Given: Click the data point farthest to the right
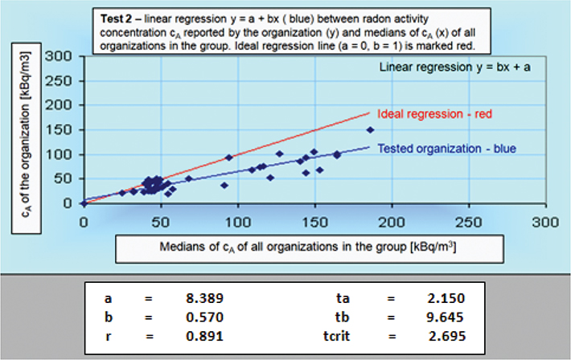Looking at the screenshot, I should [x=371, y=130].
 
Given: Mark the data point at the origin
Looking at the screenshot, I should [x=84, y=203].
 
